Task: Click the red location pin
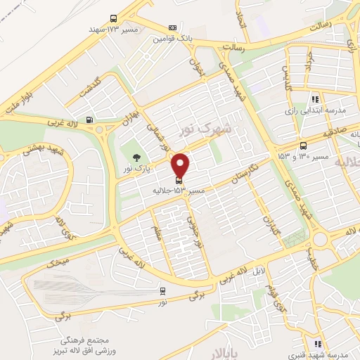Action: coord(181,165)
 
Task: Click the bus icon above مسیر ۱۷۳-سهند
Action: coord(113,20)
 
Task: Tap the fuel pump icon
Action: coord(89,119)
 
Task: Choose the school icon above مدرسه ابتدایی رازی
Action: coord(314,100)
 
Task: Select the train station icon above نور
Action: coord(162,290)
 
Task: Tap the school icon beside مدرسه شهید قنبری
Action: coord(317,344)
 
